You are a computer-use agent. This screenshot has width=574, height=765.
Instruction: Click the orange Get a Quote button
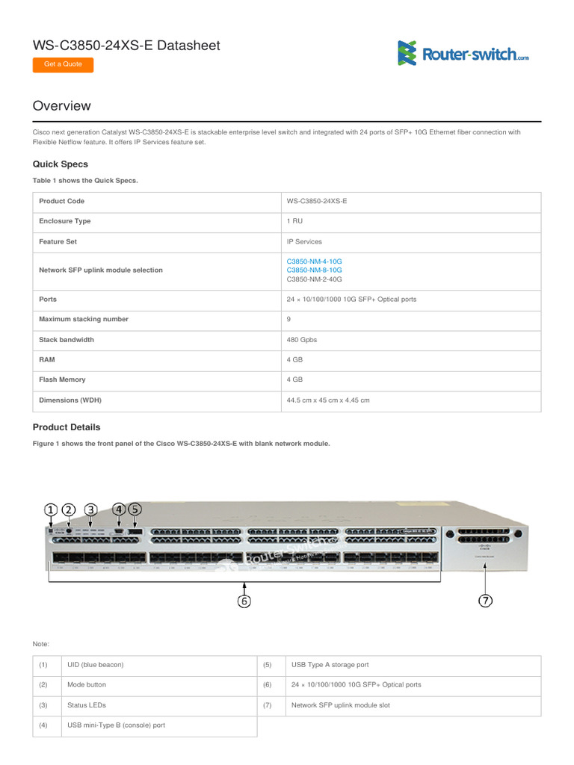63,64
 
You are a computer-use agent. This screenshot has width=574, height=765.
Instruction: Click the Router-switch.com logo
463,53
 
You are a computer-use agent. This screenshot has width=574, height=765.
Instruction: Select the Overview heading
62,106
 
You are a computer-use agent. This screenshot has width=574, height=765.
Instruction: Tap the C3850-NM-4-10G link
314,261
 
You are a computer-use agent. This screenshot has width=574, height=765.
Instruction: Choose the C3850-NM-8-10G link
314,270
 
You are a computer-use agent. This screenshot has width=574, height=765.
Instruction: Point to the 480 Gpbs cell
302,339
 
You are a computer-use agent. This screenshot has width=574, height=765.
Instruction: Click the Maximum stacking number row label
84,319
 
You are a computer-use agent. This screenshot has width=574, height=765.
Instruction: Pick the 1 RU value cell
294,221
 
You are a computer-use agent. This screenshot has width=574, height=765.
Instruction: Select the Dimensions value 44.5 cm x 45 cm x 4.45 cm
328,400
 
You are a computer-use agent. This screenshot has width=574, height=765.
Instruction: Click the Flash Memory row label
62,380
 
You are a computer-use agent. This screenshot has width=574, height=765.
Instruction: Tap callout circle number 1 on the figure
51,510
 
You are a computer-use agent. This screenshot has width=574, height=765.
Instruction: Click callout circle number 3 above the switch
90,510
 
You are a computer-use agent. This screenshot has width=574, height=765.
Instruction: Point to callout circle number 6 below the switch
244,601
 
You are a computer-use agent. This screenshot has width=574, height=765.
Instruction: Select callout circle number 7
485,601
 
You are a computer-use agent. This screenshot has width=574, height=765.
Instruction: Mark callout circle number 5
135,510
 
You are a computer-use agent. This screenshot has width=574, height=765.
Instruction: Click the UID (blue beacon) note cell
95,664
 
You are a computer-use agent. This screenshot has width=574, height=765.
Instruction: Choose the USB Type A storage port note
330,664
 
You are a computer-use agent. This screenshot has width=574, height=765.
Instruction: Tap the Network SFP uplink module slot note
340,704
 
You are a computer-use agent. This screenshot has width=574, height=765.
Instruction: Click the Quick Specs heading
61,164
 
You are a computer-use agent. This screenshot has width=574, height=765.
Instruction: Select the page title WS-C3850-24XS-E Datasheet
126,46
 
